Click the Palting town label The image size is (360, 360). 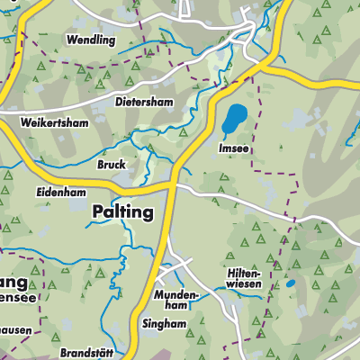(122, 212)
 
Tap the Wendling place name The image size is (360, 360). (90, 40)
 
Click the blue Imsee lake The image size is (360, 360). (236, 119)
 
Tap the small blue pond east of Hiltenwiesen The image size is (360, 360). (290, 284)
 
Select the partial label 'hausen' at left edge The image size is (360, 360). (17, 329)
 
